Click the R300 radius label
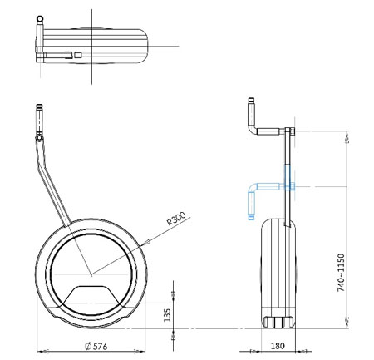(x=176, y=219)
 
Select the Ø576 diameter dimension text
(x=96, y=346)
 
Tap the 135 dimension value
(x=167, y=315)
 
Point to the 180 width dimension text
(x=278, y=346)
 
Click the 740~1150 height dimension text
(x=342, y=273)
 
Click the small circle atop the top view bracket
(x=40, y=19)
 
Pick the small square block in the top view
(x=78, y=55)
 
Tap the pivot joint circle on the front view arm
(x=40, y=138)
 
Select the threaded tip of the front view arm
(x=40, y=106)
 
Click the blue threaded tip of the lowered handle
(x=251, y=217)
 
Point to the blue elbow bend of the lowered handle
(x=252, y=188)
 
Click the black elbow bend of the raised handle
(x=253, y=130)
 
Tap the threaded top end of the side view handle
(x=251, y=100)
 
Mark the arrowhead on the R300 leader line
(x=147, y=243)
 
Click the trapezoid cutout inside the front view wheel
(x=91, y=294)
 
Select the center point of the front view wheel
(x=91, y=274)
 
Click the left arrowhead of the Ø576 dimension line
(x=43, y=352)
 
